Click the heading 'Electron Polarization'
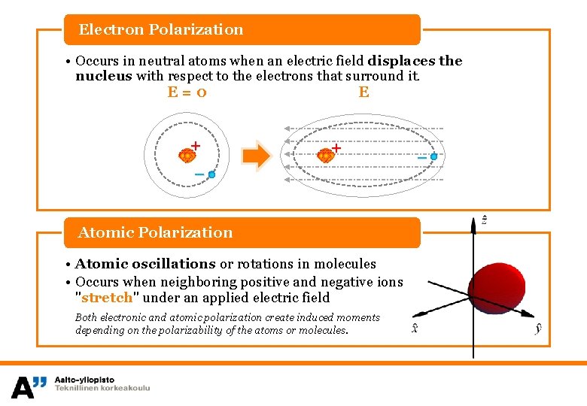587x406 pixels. click(161, 30)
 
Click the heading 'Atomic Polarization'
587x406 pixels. click(156, 232)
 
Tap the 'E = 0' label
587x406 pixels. click(187, 92)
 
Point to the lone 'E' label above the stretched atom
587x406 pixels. click(364, 92)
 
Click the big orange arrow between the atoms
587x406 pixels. click(257, 156)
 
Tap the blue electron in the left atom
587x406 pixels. click(212, 174)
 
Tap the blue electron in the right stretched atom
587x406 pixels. click(434, 156)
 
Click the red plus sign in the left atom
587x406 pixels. click(196, 145)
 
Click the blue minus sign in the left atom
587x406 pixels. click(199, 174)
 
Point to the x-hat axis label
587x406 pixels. click(415, 329)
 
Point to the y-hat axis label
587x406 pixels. click(539, 329)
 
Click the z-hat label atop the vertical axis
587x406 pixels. click(485, 220)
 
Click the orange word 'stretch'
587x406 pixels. click(106, 297)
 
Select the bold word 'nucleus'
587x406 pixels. click(104, 76)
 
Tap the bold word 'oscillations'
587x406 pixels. click(174, 264)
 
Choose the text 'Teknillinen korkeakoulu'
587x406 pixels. click(102, 388)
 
